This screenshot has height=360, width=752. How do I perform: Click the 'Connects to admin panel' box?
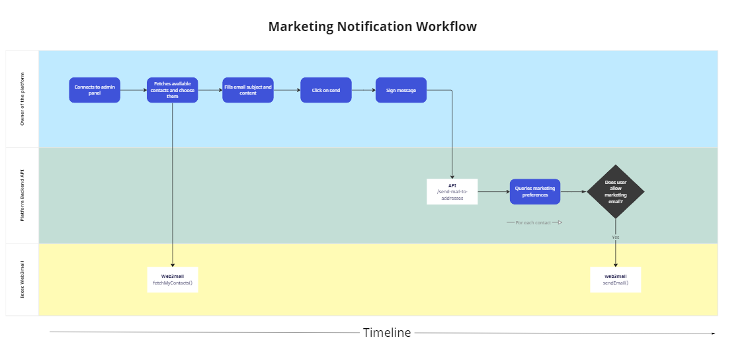click(95, 90)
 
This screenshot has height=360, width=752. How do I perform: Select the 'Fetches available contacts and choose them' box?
click(172, 90)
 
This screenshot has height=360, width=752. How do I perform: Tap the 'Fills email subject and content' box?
click(248, 90)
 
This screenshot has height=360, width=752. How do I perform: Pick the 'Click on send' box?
click(325, 90)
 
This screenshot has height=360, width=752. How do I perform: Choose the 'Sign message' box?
click(401, 90)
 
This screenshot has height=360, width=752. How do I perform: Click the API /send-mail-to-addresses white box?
click(452, 191)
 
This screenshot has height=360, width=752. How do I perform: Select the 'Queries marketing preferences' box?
click(534, 191)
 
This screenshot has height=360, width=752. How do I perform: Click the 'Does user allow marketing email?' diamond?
click(616, 192)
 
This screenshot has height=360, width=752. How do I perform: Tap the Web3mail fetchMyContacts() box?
click(172, 279)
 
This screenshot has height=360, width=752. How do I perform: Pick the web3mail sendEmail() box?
click(615, 279)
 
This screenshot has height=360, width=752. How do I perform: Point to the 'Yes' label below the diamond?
click(616, 237)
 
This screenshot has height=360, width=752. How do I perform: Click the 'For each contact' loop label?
click(533, 222)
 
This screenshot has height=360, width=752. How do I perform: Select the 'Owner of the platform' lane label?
click(22, 99)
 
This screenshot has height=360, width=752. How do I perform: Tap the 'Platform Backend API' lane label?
click(22, 195)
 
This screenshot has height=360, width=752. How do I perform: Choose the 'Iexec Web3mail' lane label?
click(22, 279)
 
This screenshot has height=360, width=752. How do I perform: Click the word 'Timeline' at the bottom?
click(386, 333)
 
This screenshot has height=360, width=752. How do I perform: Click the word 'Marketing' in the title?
click(300, 27)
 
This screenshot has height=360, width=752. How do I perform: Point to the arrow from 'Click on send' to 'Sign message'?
click(363, 90)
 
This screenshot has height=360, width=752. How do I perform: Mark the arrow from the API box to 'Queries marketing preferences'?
click(493, 191)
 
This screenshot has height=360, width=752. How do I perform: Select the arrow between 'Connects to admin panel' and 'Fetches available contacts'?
click(133, 90)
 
